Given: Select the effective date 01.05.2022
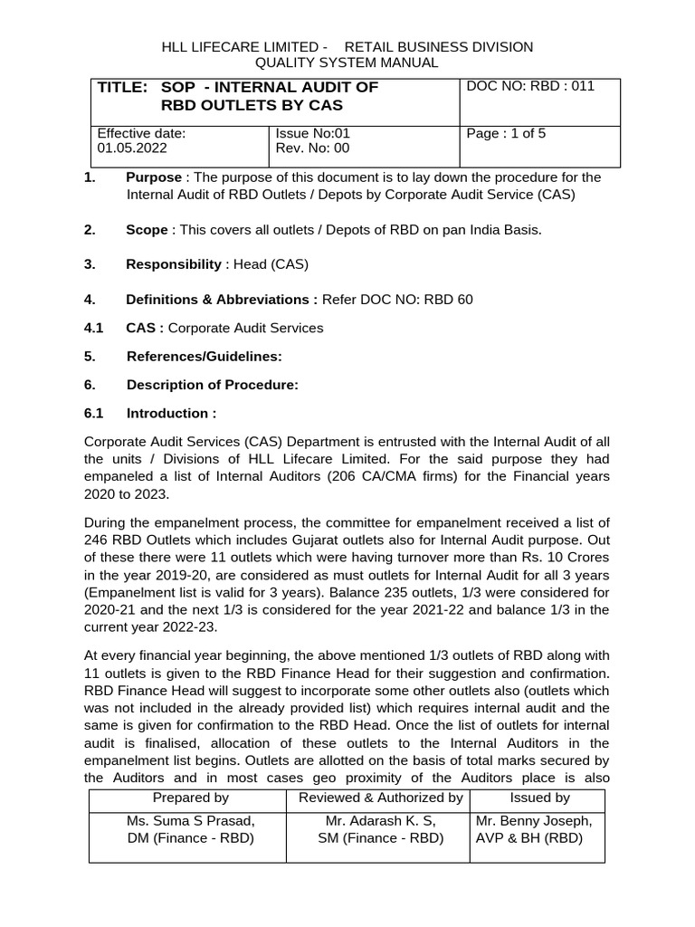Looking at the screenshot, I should tap(132, 148).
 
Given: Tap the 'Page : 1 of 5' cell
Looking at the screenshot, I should tap(506, 134).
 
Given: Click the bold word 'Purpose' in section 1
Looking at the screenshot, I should tap(154, 177).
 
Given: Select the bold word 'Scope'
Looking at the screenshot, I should tap(147, 230).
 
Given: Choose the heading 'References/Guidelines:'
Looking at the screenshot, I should tap(204, 357).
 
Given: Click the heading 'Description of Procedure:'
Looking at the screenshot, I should tap(212, 385).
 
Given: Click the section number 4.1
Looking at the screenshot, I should tap(94, 328).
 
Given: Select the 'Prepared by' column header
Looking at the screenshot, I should tap(190, 798).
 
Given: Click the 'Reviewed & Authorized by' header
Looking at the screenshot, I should tap(380, 798).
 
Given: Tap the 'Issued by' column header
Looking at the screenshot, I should tap(539, 798).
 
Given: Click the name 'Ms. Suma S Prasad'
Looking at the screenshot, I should tap(190, 821).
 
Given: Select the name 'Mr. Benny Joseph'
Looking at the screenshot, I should tap(534, 821).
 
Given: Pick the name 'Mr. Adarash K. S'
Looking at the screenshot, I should tap(380, 821).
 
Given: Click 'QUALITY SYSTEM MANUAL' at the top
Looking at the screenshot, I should tap(347, 62).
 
